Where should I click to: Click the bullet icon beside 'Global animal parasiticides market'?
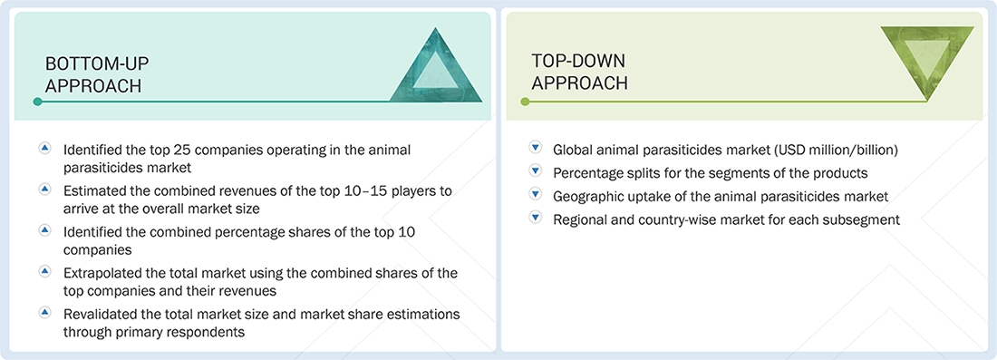coord(535,148)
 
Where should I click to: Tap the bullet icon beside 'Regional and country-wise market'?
coord(535,218)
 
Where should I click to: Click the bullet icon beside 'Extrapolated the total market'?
coord(44,272)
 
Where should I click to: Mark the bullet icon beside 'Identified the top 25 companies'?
coord(44,147)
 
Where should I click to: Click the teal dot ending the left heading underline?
coord(37,102)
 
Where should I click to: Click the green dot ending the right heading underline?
coord(524,102)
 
